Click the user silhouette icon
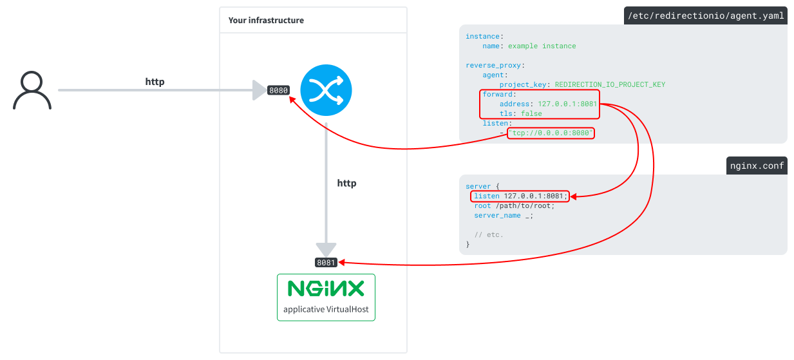point(32,91)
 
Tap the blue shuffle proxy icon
point(326,91)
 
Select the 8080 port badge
point(278,91)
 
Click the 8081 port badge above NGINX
point(326,263)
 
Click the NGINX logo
point(326,288)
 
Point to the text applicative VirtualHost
point(326,309)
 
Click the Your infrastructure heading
point(266,21)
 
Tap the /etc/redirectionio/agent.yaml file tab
point(706,16)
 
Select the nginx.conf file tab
point(757,166)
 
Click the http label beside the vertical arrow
point(346,184)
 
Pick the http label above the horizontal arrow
point(155,82)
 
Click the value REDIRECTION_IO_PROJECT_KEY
point(610,84)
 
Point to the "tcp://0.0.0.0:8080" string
point(551,133)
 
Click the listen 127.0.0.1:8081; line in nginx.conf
point(520,196)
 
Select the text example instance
point(542,46)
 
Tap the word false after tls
point(531,113)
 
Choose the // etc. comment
point(489,235)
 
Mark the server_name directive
point(497,216)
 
